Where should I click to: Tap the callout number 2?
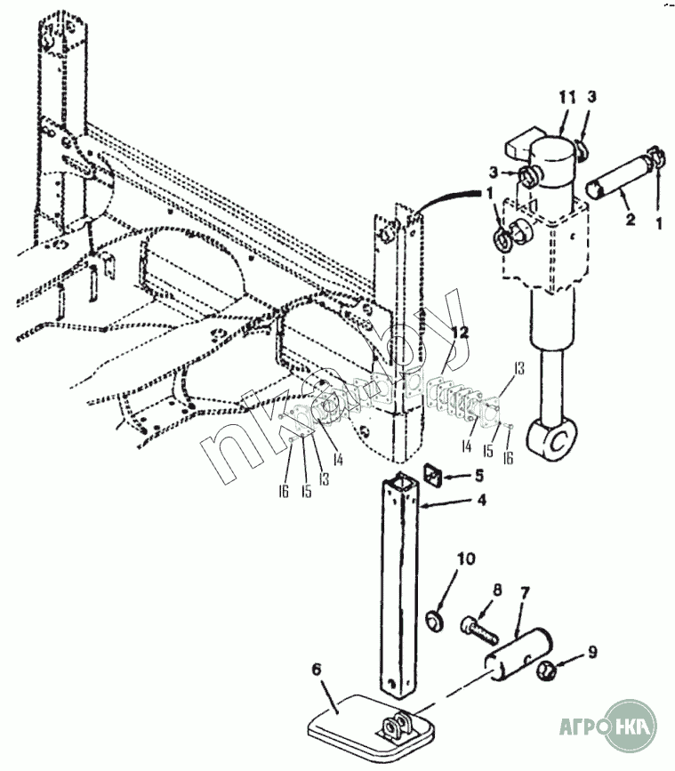click(631, 219)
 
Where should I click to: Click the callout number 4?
click(480, 500)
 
